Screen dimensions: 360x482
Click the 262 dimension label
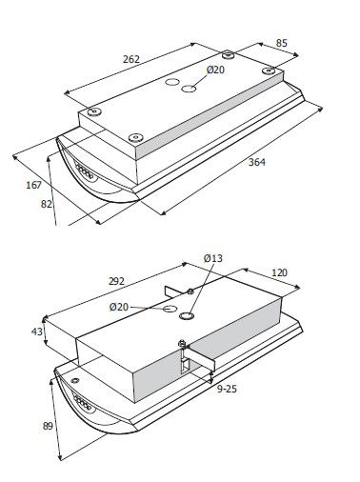[x=131, y=59]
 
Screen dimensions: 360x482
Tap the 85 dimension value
[x=281, y=43]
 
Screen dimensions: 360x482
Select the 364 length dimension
[x=257, y=162]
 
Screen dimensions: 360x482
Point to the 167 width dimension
[x=33, y=185]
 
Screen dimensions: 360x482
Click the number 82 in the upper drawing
[x=47, y=204]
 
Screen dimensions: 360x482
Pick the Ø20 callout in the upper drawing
[x=215, y=70]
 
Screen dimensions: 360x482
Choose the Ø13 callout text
[x=213, y=258]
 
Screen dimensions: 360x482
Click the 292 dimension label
[x=116, y=281]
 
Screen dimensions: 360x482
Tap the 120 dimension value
[x=279, y=272]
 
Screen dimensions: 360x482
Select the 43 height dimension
[x=37, y=331]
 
